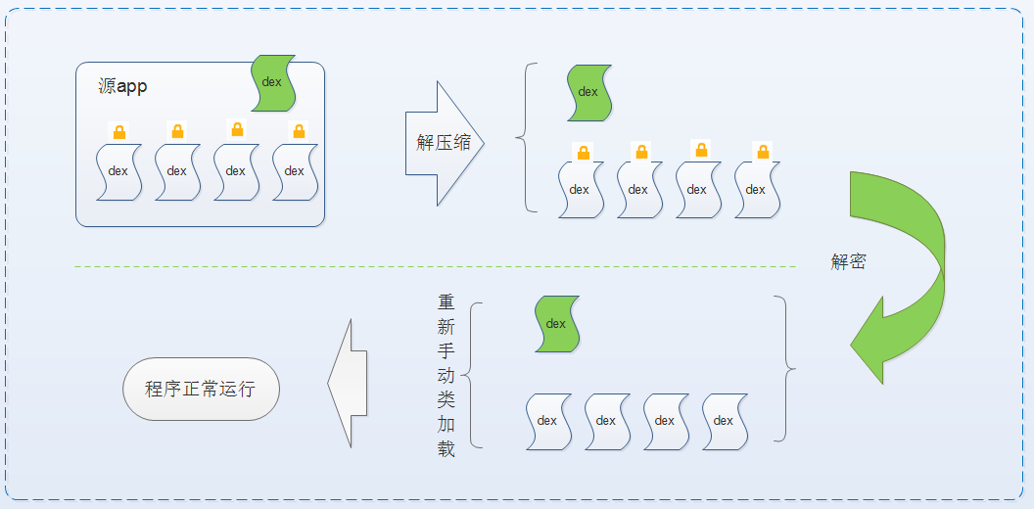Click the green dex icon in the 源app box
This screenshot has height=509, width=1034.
[273, 82]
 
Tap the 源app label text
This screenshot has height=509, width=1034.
[123, 86]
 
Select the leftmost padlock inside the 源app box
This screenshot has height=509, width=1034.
[118, 131]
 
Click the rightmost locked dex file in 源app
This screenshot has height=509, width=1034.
[295, 171]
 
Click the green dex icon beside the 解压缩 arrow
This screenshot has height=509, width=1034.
[588, 93]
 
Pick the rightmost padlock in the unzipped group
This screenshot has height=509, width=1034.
[763, 151]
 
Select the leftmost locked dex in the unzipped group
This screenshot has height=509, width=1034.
[580, 190]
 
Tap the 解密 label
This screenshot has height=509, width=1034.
[848, 262]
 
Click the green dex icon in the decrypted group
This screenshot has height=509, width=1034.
[556, 324]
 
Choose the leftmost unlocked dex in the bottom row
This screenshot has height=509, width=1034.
[547, 421]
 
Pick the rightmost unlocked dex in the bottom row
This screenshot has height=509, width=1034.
[724, 421]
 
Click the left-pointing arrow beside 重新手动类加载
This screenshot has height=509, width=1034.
[347, 383]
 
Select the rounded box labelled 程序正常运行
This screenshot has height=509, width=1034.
[201, 389]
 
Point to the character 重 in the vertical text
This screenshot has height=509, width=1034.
[446, 302]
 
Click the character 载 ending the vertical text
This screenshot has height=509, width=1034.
[446, 449]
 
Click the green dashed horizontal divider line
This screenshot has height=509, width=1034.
[431, 266]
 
